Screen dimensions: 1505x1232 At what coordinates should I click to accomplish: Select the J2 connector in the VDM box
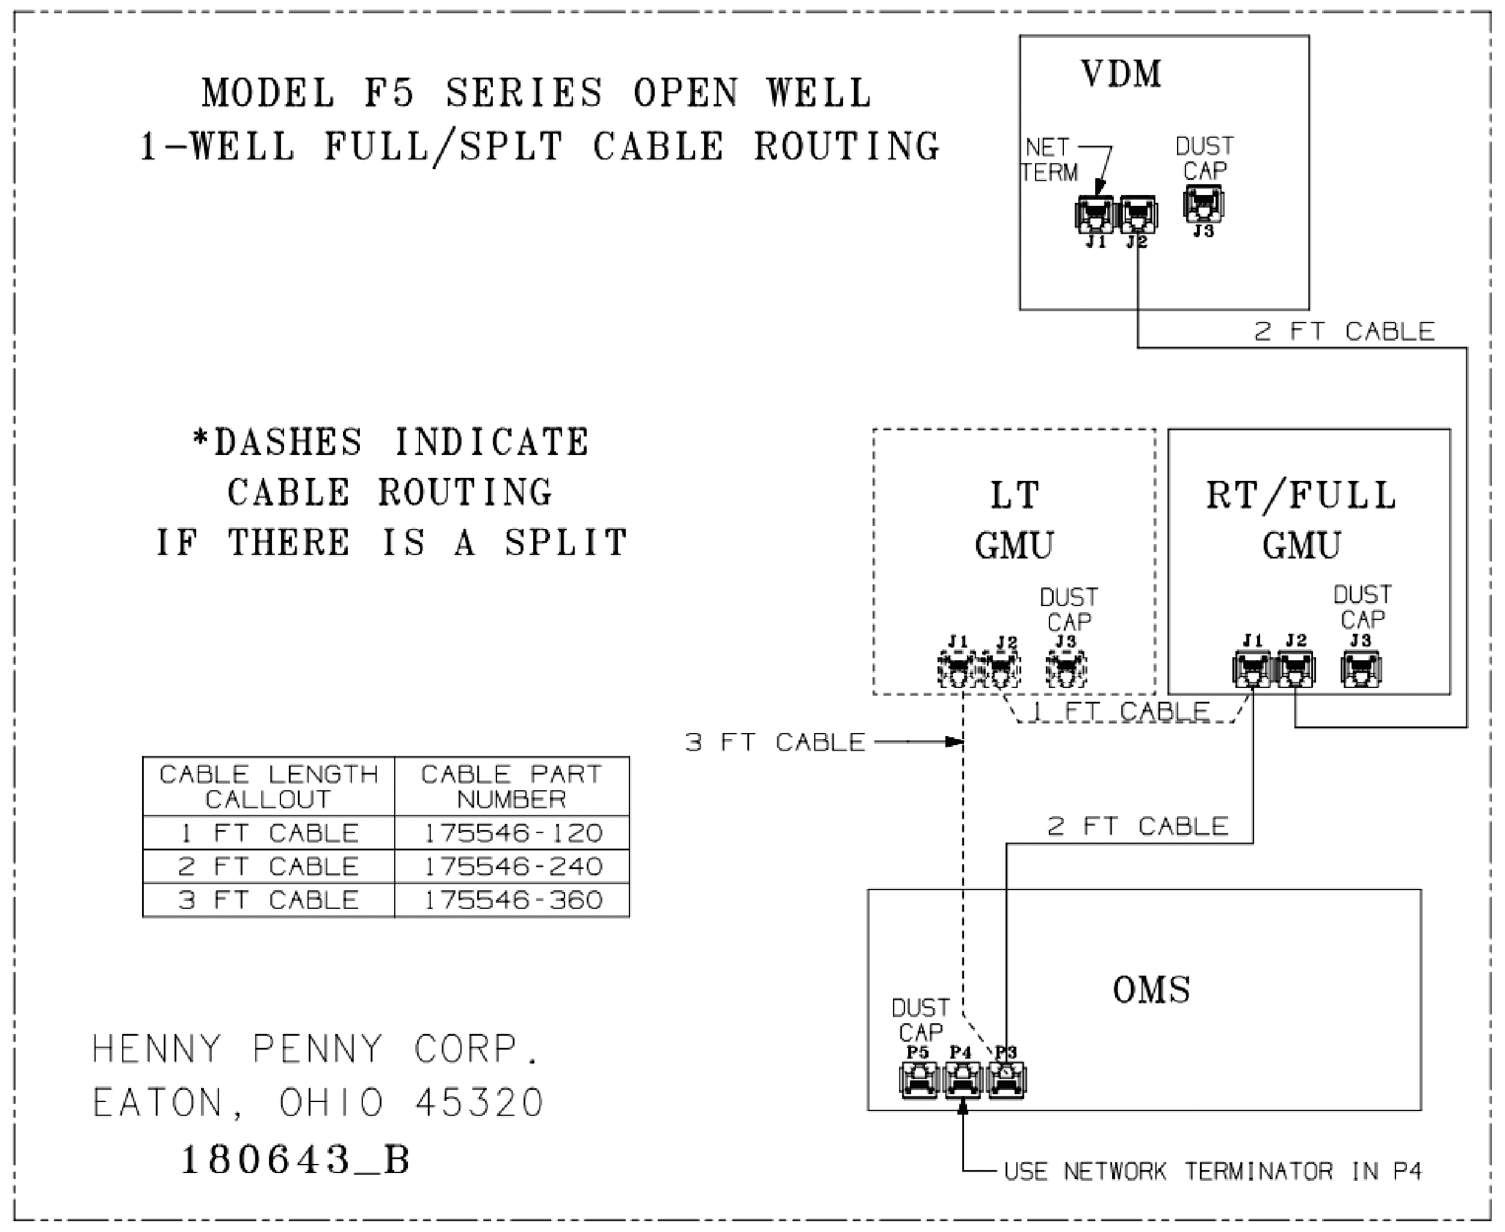pyautogui.click(x=1138, y=214)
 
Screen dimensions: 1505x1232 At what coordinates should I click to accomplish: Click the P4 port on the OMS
pyautogui.click(x=962, y=1079)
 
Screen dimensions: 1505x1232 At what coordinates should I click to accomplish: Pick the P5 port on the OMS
pyautogui.click(x=918, y=1079)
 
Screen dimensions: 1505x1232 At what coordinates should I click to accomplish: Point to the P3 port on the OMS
pyautogui.click(x=1005, y=1079)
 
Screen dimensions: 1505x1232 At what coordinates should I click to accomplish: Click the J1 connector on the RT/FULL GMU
pyautogui.click(x=1253, y=669)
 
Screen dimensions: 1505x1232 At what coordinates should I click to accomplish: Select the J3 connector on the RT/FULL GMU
pyautogui.click(x=1360, y=669)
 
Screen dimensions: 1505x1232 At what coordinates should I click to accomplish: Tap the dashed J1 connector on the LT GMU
pyautogui.click(x=958, y=669)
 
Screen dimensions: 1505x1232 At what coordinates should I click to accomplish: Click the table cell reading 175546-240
pyautogui.click(x=512, y=867)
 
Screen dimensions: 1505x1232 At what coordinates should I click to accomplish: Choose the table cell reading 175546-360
pyautogui.click(x=512, y=900)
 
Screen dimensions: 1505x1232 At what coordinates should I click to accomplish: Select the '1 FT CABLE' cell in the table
pyautogui.click(x=269, y=833)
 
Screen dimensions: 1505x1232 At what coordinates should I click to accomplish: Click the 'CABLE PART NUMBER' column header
pyautogui.click(x=512, y=786)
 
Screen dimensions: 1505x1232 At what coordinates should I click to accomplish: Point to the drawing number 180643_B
pyautogui.click(x=296, y=1160)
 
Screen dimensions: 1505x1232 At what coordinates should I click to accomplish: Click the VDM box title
pyautogui.click(x=1121, y=74)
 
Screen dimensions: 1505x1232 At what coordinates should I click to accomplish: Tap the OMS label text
pyautogui.click(x=1151, y=989)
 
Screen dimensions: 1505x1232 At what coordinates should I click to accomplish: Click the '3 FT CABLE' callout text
pyautogui.click(x=775, y=742)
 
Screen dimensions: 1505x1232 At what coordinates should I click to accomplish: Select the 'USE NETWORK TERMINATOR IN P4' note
pyautogui.click(x=1213, y=1171)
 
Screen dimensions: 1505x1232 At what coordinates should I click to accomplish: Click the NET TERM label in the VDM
pyautogui.click(x=1049, y=159)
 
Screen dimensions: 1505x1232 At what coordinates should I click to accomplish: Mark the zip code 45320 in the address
pyautogui.click(x=479, y=1103)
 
